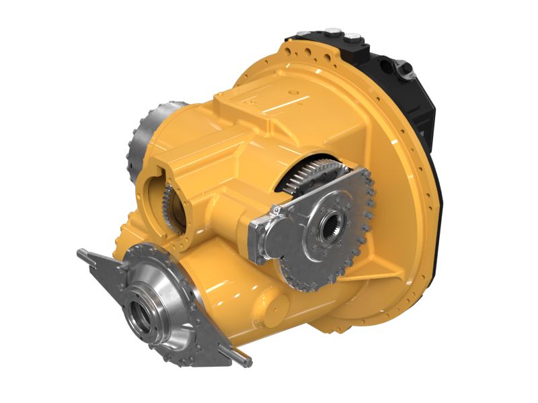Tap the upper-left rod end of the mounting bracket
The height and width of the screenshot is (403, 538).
[81, 253]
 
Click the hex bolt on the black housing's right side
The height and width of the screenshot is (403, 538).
[404, 66]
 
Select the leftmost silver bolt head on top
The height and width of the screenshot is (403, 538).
[299, 32]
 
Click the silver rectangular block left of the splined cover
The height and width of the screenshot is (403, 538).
[266, 238]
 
